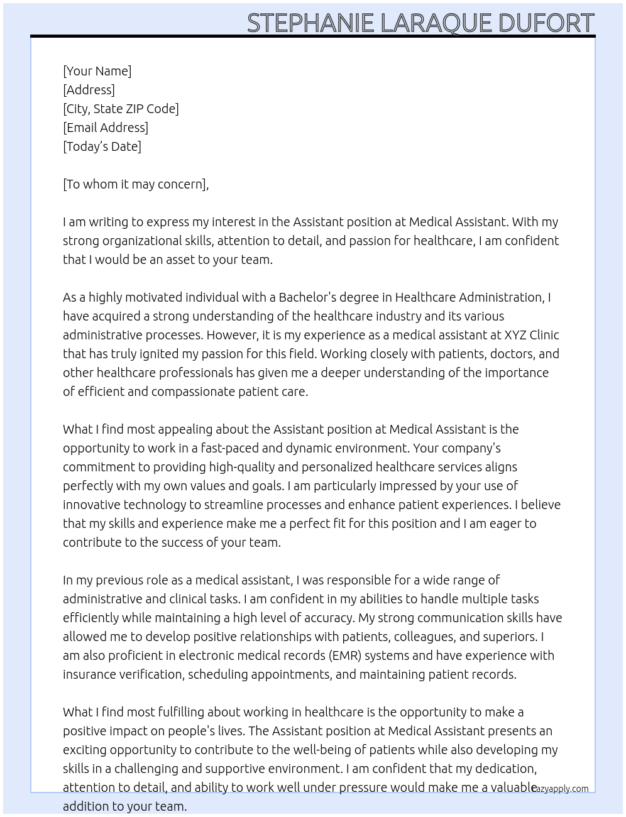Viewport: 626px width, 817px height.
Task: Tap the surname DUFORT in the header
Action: click(546, 23)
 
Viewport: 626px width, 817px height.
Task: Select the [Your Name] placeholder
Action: click(97, 71)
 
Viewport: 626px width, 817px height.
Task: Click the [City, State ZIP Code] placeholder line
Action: click(121, 109)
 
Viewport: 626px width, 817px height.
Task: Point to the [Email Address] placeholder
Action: click(106, 128)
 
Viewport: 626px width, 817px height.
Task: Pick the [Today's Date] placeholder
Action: click(102, 146)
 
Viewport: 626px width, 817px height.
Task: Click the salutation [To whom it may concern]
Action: click(135, 184)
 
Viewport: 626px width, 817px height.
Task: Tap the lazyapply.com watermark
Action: click(560, 789)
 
